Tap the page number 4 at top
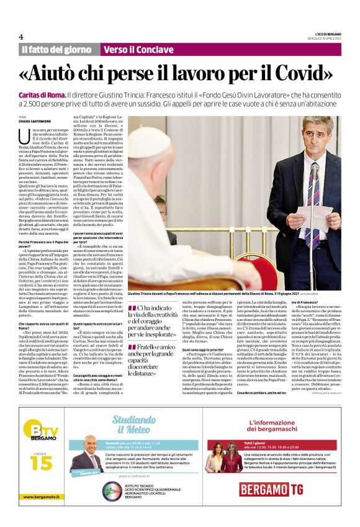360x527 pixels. [20, 37]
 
